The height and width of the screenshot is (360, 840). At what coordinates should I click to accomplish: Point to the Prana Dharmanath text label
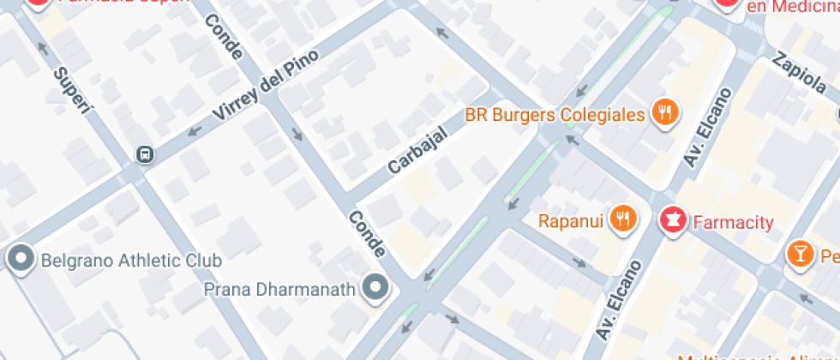279,289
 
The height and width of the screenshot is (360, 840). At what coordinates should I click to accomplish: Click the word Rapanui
572,222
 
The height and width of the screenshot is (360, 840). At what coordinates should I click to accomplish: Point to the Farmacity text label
733,223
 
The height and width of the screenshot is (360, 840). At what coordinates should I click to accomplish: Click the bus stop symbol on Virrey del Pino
144,154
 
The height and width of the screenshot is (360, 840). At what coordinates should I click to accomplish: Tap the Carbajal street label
417,149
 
